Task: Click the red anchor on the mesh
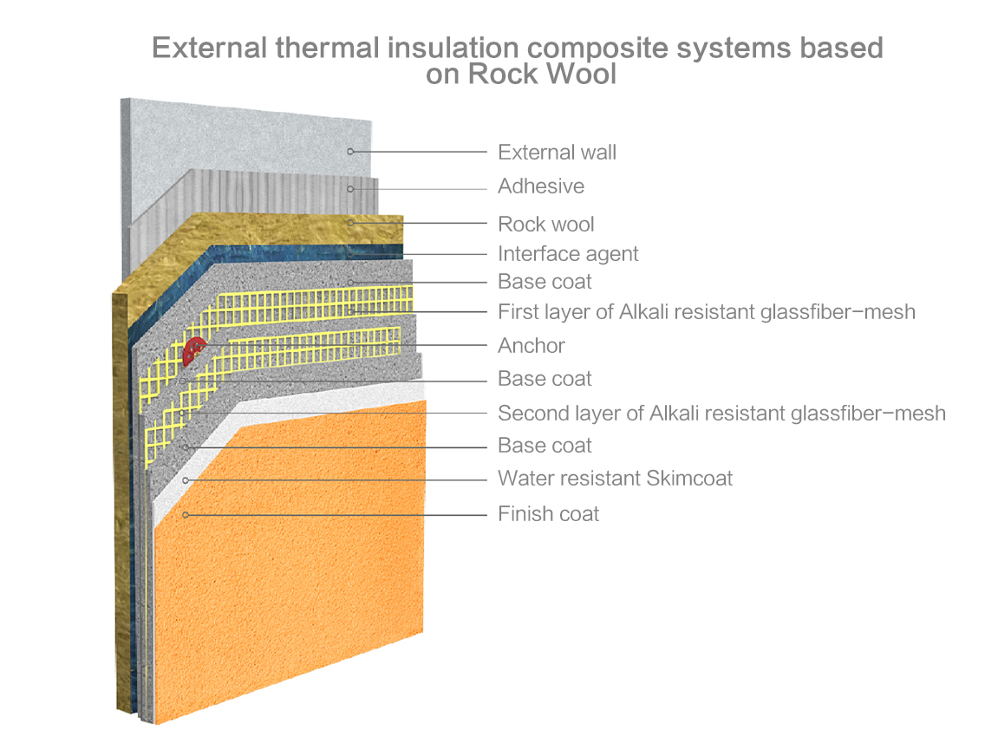194,349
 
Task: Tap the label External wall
557,153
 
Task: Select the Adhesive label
540,186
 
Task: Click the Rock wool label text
545,225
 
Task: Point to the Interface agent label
567,254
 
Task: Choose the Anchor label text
531,346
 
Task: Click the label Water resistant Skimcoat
615,478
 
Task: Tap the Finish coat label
548,514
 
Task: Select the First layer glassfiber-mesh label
706,311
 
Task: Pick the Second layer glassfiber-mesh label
721,413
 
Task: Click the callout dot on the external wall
350,152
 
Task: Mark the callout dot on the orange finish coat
186,515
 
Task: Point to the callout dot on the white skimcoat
185,479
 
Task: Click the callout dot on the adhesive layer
350,188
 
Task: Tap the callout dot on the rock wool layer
350,224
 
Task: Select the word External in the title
210,48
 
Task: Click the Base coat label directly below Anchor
545,379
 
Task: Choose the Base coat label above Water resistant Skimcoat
545,446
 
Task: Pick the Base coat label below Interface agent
545,282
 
